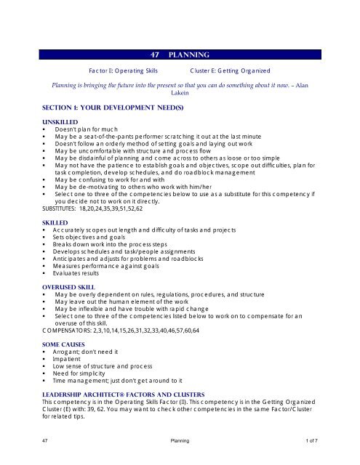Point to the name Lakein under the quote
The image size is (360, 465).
coord(180,94)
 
